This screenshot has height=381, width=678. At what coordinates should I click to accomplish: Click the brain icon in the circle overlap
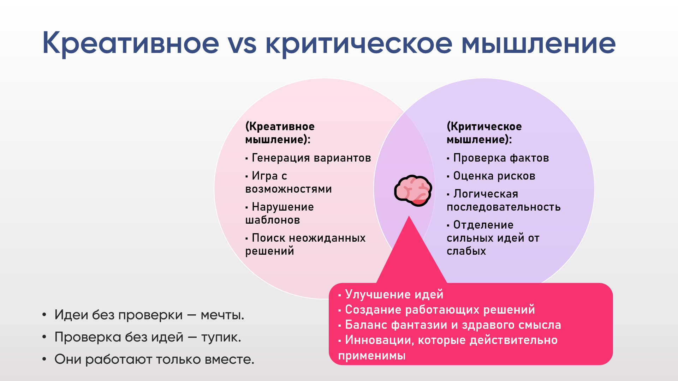[x=413, y=190]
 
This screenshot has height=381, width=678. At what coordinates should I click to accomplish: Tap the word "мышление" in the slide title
[x=539, y=43]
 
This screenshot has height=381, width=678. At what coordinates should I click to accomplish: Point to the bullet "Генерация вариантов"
[x=308, y=158]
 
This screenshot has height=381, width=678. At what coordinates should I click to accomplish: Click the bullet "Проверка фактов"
[x=498, y=158]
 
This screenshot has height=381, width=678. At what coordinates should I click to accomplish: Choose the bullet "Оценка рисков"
[x=491, y=176]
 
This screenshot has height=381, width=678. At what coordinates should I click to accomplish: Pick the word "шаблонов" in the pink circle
[x=273, y=220]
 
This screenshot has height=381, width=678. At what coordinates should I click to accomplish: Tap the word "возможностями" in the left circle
[x=289, y=189]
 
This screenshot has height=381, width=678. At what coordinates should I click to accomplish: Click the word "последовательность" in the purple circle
[x=504, y=207]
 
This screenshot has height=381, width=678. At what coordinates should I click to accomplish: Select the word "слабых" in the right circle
[x=466, y=251]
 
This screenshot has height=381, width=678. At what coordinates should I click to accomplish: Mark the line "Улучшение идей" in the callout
[x=391, y=294]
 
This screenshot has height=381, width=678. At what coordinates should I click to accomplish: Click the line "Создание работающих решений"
[x=436, y=309]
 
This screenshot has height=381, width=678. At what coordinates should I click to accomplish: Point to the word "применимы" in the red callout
[x=372, y=355]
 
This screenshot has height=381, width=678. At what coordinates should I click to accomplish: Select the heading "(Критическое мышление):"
[x=484, y=133]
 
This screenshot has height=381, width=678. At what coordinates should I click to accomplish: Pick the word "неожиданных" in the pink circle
[x=327, y=238]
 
